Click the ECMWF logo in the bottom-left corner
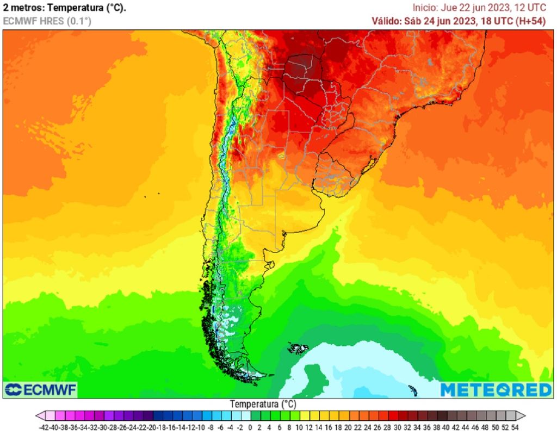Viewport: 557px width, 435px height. click(41, 389)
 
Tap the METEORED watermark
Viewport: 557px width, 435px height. click(496, 389)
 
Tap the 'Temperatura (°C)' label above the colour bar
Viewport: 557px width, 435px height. click(263, 405)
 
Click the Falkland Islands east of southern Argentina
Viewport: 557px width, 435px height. click(298, 348)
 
